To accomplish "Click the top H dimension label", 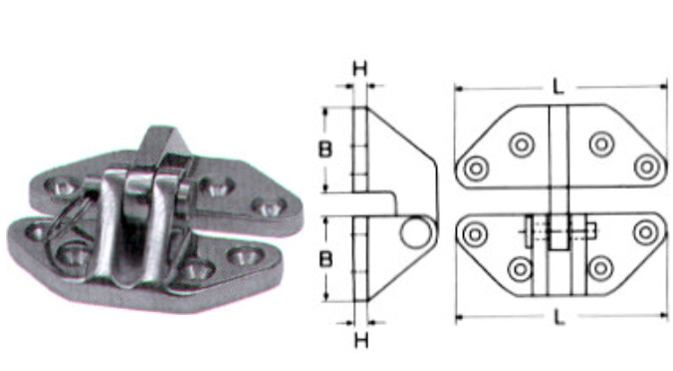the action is [x=360, y=69].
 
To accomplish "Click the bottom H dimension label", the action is [x=361, y=340].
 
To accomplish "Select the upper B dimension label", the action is [x=325, y=150].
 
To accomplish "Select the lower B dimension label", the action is [x=326, y=259].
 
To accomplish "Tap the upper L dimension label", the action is [x=558, y=87].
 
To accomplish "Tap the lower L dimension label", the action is [x=558, y=317].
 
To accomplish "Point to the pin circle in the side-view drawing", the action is [x=415, y=232].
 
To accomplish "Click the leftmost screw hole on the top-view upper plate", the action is [x=476, y=169].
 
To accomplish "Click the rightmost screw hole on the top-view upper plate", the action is [x=647, y=168].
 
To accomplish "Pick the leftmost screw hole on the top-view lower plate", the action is [x=474, y=234].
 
